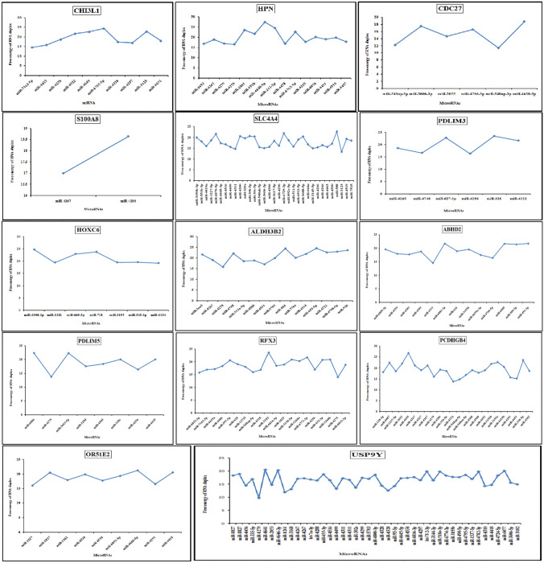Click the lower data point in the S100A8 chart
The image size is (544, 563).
tap(64, 174)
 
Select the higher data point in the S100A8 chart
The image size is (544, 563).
tap(128, 136)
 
